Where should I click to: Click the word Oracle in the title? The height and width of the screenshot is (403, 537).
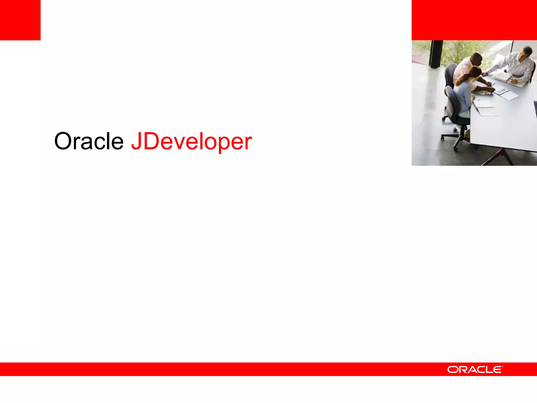coord(89,141)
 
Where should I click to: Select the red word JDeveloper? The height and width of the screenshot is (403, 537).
coord(191,142)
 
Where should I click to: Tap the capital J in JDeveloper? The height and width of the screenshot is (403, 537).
coord(136,141)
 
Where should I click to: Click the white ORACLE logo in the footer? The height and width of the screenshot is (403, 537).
coord(475,370)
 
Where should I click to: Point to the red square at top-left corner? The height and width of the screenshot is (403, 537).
coord(20,20)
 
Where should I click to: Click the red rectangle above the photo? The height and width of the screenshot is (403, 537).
coord(474,20)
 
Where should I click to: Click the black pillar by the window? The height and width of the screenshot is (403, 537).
coord(436,54)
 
